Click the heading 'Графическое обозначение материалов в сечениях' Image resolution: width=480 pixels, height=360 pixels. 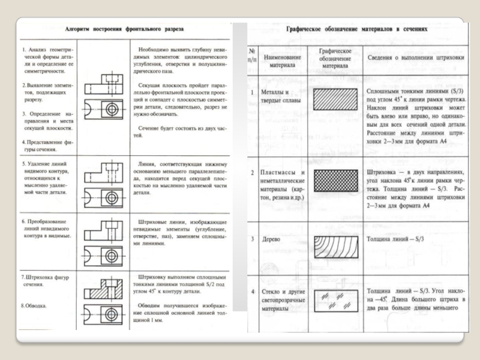pos(357,28)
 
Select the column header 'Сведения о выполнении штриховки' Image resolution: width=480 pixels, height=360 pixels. pos(416,58)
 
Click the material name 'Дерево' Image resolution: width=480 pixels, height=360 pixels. pos(272,239)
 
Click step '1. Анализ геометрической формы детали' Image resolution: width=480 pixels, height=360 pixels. pos(46,58)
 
